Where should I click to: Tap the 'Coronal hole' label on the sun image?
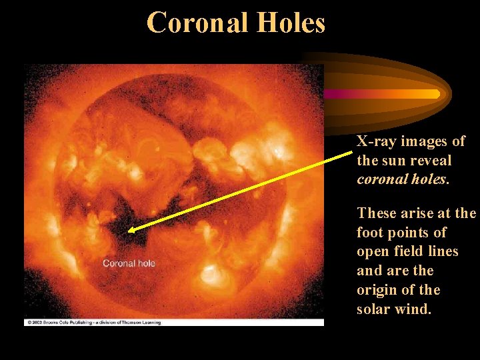(129, 263)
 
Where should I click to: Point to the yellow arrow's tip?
(129, 231)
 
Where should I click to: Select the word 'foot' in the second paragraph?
(369, 233)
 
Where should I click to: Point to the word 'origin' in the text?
(378, 290)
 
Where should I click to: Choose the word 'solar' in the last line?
(374, 309)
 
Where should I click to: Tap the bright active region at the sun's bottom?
(212, 274)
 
